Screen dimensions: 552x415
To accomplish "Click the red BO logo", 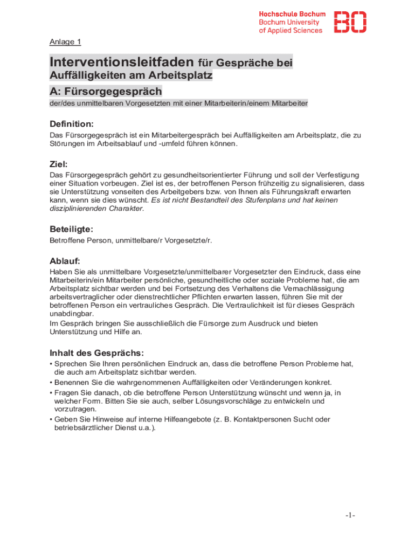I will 350,22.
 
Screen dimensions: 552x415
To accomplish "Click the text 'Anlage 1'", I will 65,42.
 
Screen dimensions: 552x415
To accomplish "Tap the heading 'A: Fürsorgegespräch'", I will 106,91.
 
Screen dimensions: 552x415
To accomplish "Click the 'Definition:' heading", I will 72,125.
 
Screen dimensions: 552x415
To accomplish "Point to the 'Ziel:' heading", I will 59,164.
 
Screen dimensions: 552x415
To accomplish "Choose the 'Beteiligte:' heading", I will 72,229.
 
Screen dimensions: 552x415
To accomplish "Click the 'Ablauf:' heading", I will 65,261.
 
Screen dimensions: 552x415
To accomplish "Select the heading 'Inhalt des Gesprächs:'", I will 96,353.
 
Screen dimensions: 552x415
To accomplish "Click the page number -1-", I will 350,516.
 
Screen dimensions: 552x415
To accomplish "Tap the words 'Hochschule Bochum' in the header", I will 292,14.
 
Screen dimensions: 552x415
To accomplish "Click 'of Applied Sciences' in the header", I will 290,31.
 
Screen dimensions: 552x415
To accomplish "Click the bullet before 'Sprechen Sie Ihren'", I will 51,364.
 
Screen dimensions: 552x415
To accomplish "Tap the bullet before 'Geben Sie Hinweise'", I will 51,419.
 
